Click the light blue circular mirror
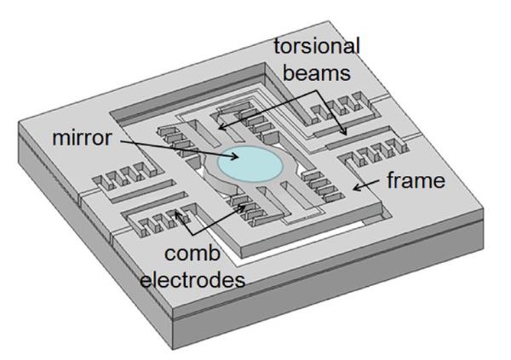point(250,164)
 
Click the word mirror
point(82,138)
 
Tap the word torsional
point(317,47)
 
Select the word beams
point(317,72)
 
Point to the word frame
point(416,180)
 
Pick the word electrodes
point(192,279)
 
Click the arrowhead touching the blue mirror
point(235,157)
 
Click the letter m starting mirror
point(60,139)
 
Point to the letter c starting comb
point(169,254)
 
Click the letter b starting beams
point(289,72)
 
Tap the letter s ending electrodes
point(239,282)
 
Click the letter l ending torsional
point(358,47)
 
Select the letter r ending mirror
point(107,139)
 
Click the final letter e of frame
point(439,182)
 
